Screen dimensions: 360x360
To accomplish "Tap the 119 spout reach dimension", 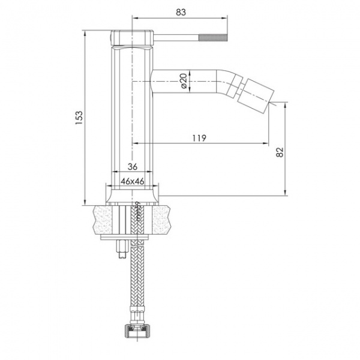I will (x=200, y=138).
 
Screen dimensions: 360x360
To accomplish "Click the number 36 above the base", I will (x=133, y=167).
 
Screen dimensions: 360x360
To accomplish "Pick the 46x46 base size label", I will (x=133, y=180).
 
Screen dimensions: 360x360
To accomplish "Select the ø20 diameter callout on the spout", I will (x=184, y=81).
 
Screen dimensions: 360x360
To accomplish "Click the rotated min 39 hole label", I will (x=137, y=211).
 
